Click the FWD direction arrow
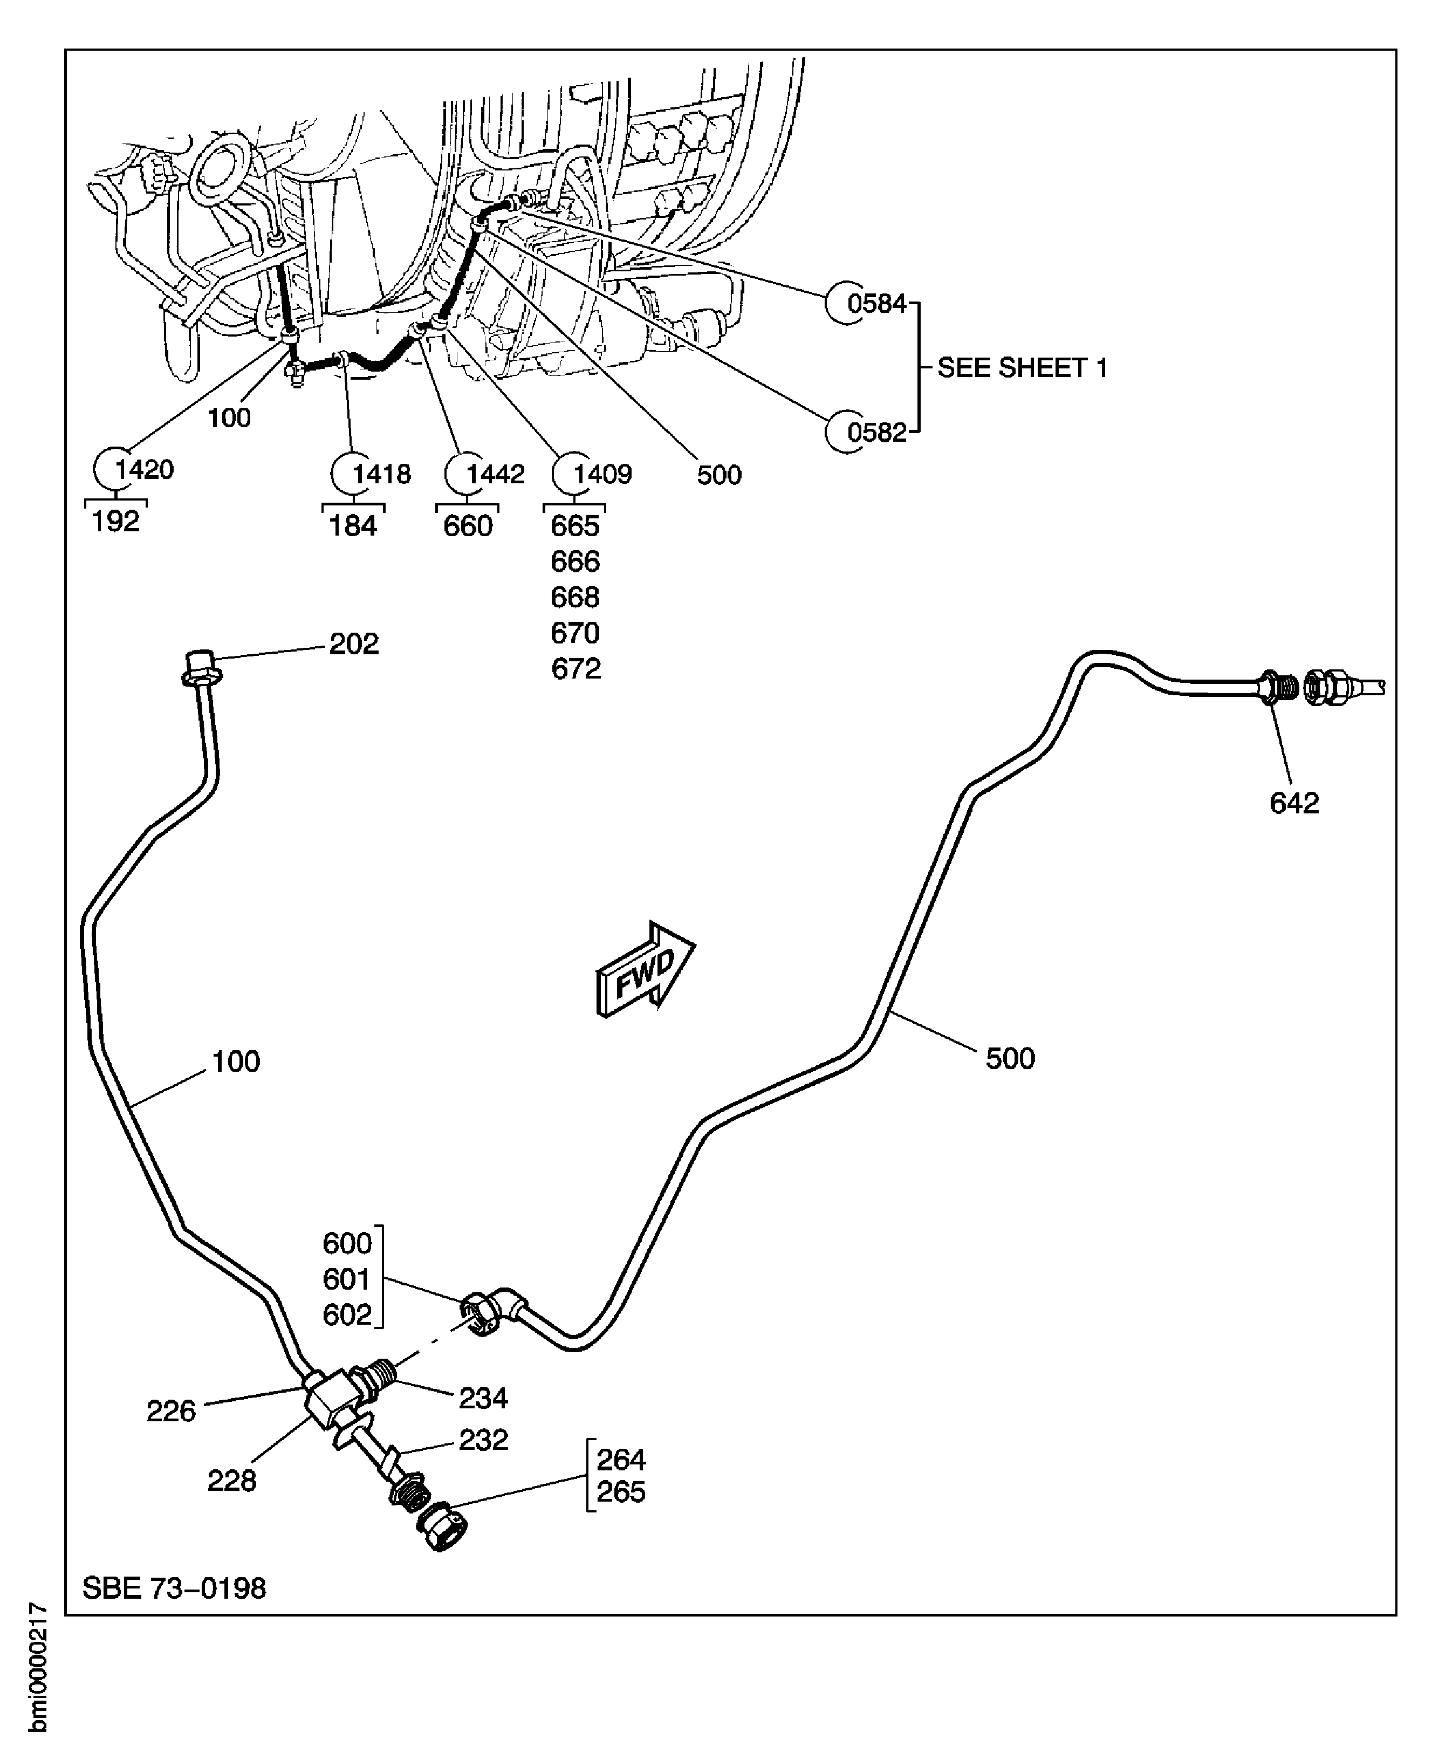tap(645, 970)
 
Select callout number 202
tap(354, 644)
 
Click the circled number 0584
tap(876, 304)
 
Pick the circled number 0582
tap(876, 432)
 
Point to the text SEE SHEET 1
tap(1022, 368)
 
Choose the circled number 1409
tap(601, 474)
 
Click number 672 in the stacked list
tap(576, 669)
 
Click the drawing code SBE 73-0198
tap(174, 1588)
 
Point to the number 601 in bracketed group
tap(346, 1279)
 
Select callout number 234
tap(483, 1399)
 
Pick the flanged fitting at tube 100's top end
tap(201, 669)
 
